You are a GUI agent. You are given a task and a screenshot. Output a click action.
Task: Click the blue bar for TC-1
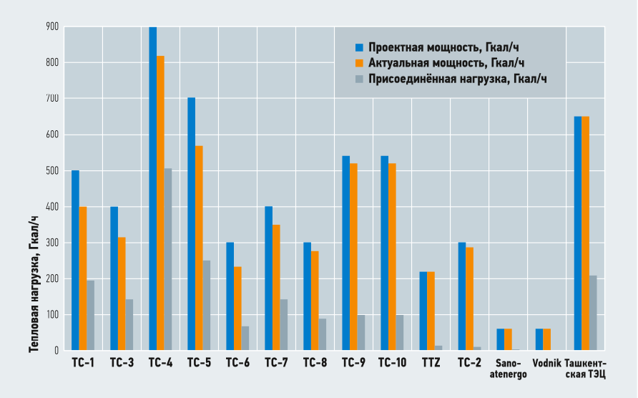tap(75, 261)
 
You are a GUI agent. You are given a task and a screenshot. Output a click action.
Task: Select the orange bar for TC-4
tap(160, 203)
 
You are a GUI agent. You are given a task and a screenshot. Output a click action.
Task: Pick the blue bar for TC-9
tap(345, 253)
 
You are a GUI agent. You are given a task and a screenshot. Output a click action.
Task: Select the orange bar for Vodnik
tap(546, 340)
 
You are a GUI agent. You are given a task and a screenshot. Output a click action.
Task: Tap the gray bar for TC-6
tap(245, 339)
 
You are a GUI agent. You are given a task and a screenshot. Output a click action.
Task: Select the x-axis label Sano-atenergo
tap(508, 368)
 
